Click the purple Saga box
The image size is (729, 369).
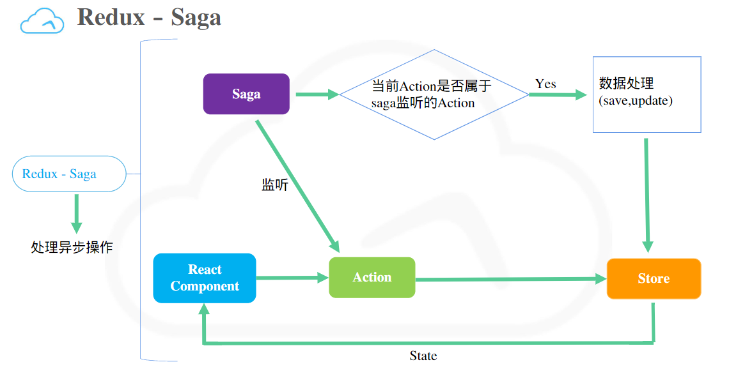click(x=246, y=94)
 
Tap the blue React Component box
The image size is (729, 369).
click(x=205, y=278)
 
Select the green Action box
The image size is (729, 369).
click(x=372, y=278)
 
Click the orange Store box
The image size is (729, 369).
click(x=654, y=279)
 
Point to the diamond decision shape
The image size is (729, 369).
click(x=434, y=94)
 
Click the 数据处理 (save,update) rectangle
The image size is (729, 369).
click(x=647, y=94)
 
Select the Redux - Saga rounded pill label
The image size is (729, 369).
click(x=69, y=174)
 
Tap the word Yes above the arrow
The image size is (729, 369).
click(x=545, y=84)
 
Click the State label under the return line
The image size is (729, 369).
click(x=423, y=356)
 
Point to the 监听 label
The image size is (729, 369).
click(x=275, y=185)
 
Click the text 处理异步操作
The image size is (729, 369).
click(x=72, y=247)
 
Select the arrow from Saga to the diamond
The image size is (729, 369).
click(x=317, y=95)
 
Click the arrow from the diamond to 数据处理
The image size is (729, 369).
click(x=558, y=95)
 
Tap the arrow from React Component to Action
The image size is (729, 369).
click(x=292, y=278)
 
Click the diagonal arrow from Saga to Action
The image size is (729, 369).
click(x=297, y=185)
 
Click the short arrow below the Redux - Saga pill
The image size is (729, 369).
click(x=77, y=213)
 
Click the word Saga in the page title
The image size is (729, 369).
click(x=196, y=17)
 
